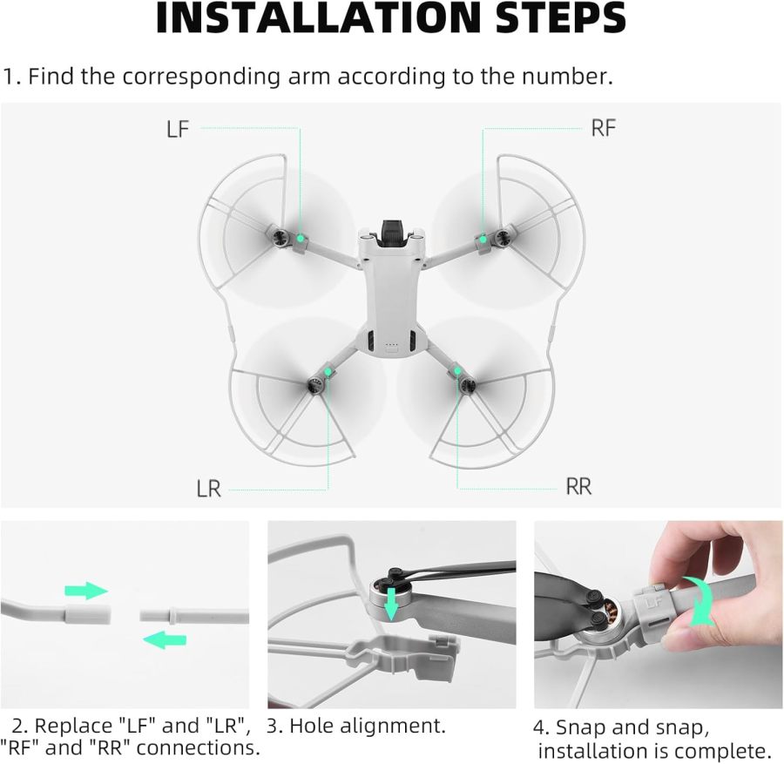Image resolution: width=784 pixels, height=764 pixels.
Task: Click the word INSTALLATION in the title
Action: point(316,19)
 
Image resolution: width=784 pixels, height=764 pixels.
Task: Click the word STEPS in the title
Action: point(554,19)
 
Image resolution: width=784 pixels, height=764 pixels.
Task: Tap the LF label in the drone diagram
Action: point(178,129)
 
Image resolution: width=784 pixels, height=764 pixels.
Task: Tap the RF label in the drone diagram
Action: point(603,128)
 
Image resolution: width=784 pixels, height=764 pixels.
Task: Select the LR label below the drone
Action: point(208,489)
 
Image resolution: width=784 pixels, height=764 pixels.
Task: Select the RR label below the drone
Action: point(578,486)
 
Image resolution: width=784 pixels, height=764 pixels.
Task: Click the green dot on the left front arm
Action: point(299,237)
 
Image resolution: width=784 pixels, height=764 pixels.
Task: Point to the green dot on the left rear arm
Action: point(328,372)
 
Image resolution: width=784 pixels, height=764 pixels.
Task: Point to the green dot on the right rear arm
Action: point(456,372)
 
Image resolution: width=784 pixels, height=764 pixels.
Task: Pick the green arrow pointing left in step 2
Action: point(165,640)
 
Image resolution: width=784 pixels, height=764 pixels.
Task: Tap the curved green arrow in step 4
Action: point(700,600)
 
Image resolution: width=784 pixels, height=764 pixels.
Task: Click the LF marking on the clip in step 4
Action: point(653,600)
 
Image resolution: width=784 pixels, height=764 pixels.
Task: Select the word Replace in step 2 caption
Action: point(69,726)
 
